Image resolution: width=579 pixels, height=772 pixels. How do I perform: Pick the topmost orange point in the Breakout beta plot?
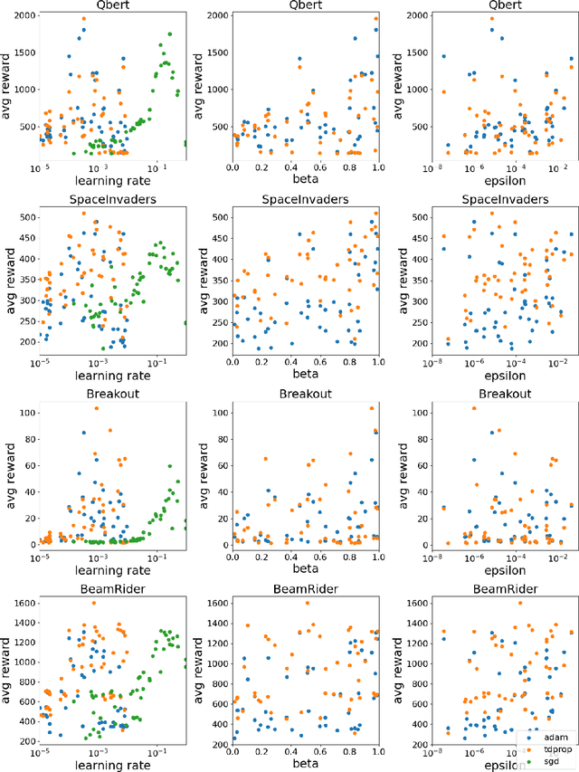pyautogui.click(x=372, y=409)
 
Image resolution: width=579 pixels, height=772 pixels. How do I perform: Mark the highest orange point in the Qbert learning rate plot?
pyautogui.click(x=84, y=19)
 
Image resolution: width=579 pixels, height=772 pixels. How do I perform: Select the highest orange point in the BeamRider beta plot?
pyautogui.click(x=307, y=603)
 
